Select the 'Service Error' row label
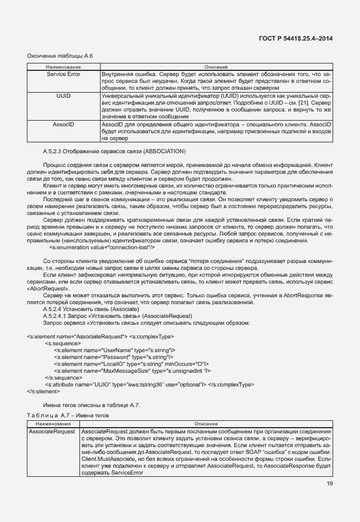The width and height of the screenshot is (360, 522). pyautogui.click(x=63, y=74)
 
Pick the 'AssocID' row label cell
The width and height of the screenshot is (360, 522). pyautogui.click(x=63, y=124)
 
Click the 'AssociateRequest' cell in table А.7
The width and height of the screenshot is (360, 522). pyautogui.click(x=52, y=431)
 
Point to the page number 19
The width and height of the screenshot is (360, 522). pyautogui.click(x=328, y=485)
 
